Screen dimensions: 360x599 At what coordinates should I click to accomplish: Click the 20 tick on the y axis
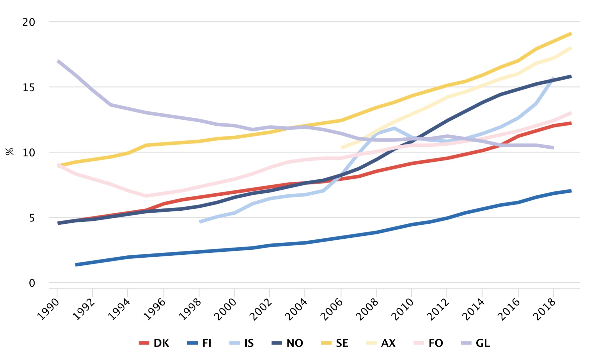coord(29,22)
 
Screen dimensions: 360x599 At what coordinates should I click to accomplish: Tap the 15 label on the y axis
coord(29,87)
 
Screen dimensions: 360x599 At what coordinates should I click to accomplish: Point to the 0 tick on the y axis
coord(32,283)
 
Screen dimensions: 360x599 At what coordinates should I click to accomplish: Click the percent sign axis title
coord(10,152)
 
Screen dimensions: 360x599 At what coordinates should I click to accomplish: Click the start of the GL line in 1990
coord(58,61)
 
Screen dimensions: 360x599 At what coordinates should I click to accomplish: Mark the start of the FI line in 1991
coord(76,265)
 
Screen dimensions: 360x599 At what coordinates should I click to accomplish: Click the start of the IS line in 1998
coord(200,222)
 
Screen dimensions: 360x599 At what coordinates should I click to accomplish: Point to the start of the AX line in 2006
coord(342,147)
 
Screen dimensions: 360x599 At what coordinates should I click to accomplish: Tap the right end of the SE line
coord(571,34)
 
